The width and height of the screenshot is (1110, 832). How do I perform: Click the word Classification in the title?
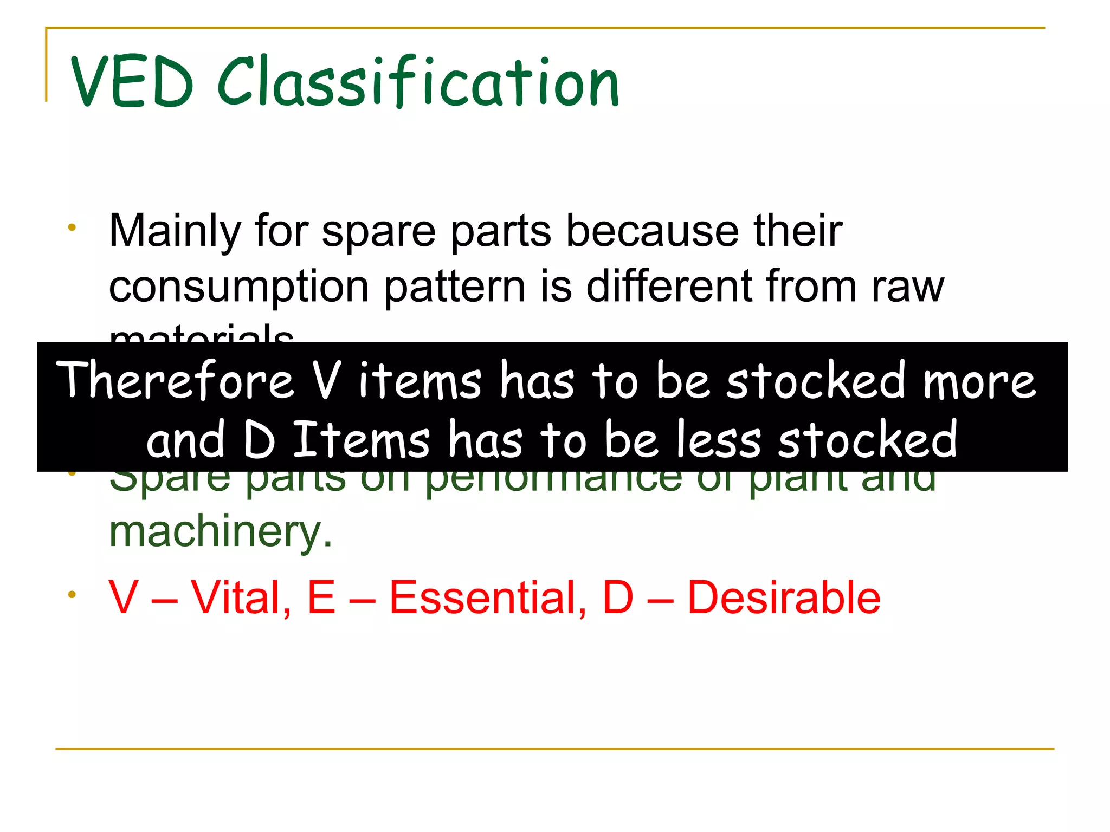coord(418,82)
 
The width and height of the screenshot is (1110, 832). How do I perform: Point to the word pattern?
coord(455,287)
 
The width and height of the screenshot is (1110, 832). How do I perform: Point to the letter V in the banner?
coord(327,380)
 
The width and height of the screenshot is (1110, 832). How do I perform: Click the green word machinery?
coord(221,532)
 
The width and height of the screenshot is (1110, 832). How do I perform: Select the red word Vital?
coord(241,598)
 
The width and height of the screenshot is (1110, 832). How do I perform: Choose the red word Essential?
coord(488,598)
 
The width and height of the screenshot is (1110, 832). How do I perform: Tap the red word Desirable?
coord(784,598)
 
